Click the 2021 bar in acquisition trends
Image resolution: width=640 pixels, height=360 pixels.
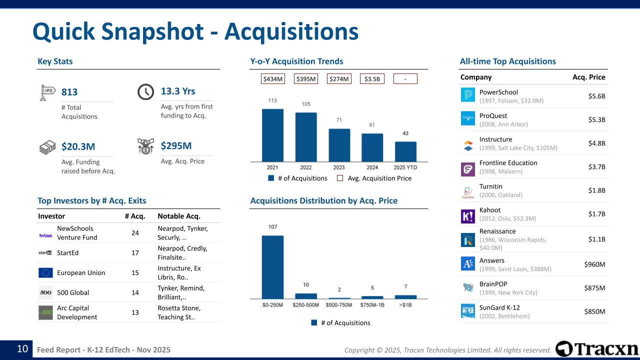point(272,135)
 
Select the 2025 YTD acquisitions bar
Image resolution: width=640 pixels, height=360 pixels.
point(405,151)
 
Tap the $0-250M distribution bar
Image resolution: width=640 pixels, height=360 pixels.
point(272,267)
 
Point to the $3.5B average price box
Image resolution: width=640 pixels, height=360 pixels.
point(372,79)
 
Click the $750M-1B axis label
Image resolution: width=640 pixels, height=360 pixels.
point(372,305)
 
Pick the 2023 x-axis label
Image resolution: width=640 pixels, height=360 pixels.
point(339,167)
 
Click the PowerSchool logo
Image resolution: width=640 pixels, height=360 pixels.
point(467,95)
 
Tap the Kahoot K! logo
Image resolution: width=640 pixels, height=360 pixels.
point(467,216)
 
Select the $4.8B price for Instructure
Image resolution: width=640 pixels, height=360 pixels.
point(596,143)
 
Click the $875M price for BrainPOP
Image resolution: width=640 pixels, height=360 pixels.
point(594,288)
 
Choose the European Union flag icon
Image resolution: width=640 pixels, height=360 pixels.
point(45,272)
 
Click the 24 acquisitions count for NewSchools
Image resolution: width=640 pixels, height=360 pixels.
point(135,233)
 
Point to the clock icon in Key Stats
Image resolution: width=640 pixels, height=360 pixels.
point(145,91)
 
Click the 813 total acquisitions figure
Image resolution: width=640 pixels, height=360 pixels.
point(69,92)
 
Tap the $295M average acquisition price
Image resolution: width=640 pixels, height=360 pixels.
point(176,145)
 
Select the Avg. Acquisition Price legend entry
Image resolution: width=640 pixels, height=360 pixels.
point(374,178)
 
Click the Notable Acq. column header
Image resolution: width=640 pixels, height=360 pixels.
point(179,216)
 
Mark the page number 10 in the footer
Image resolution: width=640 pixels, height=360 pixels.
point(22,349)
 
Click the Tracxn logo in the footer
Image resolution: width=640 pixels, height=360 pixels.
point(596,349)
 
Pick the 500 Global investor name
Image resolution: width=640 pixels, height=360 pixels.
point(73,292)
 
